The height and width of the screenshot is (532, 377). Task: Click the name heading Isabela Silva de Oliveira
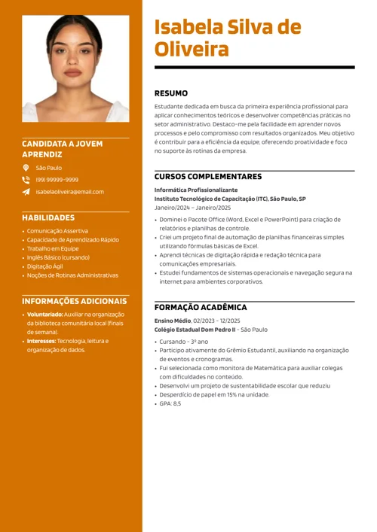[x=227, y=39]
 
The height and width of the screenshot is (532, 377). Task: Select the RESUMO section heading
[x=171, y=94]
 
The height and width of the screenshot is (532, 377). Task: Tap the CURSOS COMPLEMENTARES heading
[x=208, y=177]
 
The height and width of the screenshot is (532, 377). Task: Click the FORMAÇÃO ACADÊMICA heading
[x=201, y=308]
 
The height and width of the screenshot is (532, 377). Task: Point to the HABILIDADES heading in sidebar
[x=54, y=217]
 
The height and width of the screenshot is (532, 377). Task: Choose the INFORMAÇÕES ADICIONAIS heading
[x=75, y=301]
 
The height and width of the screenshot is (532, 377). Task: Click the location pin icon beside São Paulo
[x=26, y=168]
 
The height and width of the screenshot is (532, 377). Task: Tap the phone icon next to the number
[x=26, y=180]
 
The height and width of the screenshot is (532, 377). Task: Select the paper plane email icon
[x=26, y=192]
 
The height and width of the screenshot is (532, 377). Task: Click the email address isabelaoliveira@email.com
[x=70, y=192]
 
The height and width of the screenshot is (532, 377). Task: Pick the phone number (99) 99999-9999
[x=57, y=180]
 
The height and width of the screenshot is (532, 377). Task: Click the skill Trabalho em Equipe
[x=53, y=248]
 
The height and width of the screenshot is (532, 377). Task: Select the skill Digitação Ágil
[x=46, y=266]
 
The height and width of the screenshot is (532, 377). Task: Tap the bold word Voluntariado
[x=44, y=314]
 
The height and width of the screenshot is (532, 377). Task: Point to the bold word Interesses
[x=41, y=341]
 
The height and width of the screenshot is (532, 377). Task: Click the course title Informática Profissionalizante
[x=196, y=190]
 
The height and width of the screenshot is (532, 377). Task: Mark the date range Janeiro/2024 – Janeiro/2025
[x=193, y=207]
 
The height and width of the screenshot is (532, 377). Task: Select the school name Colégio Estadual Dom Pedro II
[x=195, y=330]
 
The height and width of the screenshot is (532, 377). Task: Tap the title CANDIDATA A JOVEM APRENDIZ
[x=63, y=147]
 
